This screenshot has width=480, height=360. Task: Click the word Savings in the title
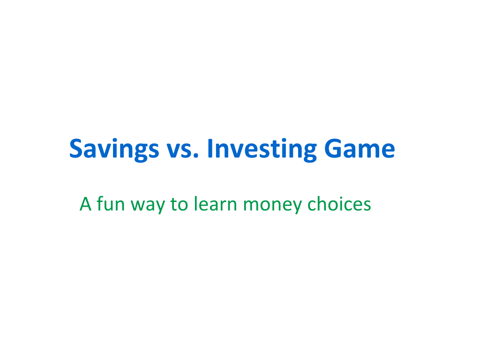pyautogui.click(x=114, y=150)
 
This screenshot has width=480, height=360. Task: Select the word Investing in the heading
pyautogui.click(x=262, y=150)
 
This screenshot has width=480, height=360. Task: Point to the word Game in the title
pyautogui.click(x=360, y=149)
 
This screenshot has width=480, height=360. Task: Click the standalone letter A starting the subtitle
pyautogui.click(x=85, y=204)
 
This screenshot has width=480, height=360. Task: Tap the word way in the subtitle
pyautogui.click(x=148, y=206)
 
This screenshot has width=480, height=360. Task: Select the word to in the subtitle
pyautogui.click(x=179, y=204)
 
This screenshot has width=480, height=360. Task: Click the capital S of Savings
pyautogui.click(x=77, y=149)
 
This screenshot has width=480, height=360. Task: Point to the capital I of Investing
pyautogui.click(x=210, y=149)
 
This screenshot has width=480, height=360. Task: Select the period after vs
pyautogui.click(x=196, y=156)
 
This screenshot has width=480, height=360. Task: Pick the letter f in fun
pyautogui.click(x=100, y=203)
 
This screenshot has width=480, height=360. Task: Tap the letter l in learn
pyautogui.click(x=195, y=203)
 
